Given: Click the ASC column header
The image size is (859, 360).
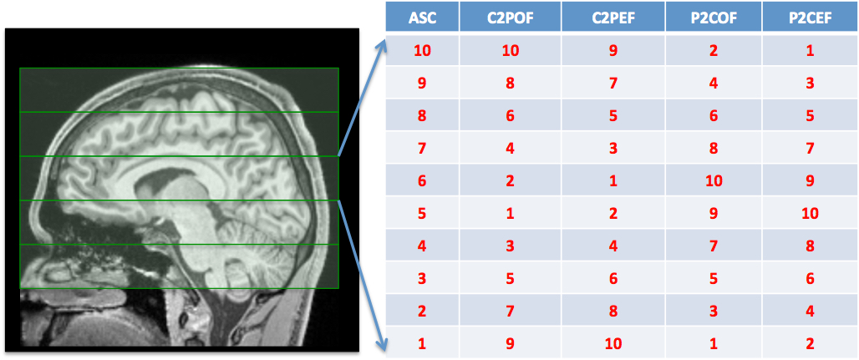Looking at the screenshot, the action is click(422, 18).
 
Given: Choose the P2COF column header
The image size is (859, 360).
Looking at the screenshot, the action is click(713, 18).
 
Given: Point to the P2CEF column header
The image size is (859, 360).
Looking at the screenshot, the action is click(810, 18).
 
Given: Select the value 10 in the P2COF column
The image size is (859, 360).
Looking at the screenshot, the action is click(713, 180).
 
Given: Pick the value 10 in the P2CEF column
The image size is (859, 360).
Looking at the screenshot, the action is click(810, 213).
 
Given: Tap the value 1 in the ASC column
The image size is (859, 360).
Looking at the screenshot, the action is click(422, 343).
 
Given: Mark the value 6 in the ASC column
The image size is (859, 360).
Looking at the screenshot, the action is click(422, 180).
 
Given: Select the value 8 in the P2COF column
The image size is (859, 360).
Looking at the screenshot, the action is click(713, 148).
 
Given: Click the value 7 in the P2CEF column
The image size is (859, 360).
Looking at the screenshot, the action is click(810, 148).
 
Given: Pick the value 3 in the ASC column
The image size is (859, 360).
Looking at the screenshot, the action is click(422, 278).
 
